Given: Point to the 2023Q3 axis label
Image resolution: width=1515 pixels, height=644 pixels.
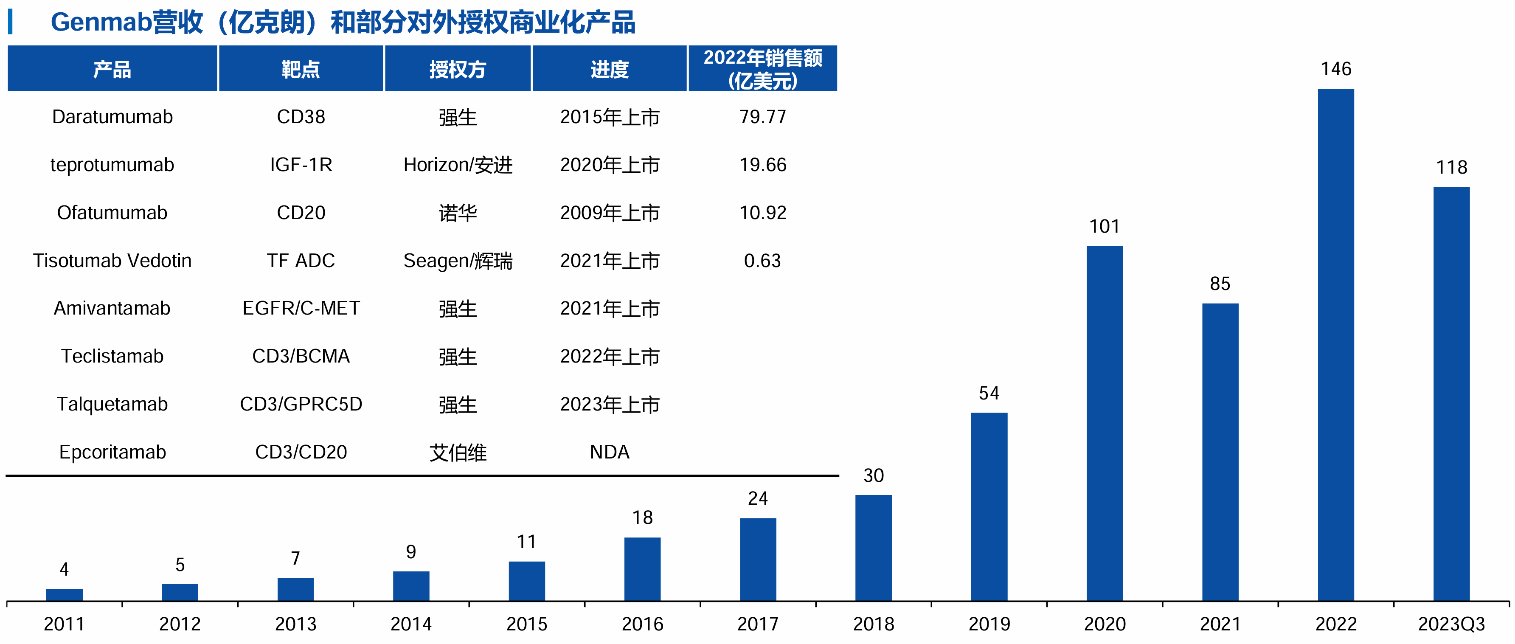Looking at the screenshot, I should [x=1451, y=624].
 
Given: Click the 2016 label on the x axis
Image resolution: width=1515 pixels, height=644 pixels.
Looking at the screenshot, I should [x=642, y=624].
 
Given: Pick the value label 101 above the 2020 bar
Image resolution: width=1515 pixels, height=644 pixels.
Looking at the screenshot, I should [x=1104, y=226].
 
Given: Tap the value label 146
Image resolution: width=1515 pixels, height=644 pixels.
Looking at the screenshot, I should [x=1335, y=69].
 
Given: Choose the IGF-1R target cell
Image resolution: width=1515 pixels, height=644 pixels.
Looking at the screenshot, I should [x=301, y=165].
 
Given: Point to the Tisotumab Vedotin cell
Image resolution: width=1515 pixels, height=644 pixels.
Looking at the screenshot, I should [x=112, y=261].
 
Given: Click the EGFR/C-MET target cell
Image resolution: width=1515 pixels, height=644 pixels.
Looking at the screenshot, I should [x=301, y=308].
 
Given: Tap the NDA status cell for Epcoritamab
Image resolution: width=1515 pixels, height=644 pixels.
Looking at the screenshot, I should [x=609, y=452].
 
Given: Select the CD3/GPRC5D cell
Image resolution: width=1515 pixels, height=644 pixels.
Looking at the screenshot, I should [x=301, y=404].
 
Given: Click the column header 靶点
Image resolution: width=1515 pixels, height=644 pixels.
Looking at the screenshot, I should [x=301, y=69].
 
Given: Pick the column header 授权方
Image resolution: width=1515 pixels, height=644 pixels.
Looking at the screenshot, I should [x=458, y=69].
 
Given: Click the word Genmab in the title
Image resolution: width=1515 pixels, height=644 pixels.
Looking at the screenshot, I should [x=101, y=22].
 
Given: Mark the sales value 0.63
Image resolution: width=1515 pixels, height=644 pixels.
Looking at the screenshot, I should [x=762, y=261].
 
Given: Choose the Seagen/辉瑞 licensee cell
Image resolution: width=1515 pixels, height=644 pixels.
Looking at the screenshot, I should [x=458, y=261].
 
